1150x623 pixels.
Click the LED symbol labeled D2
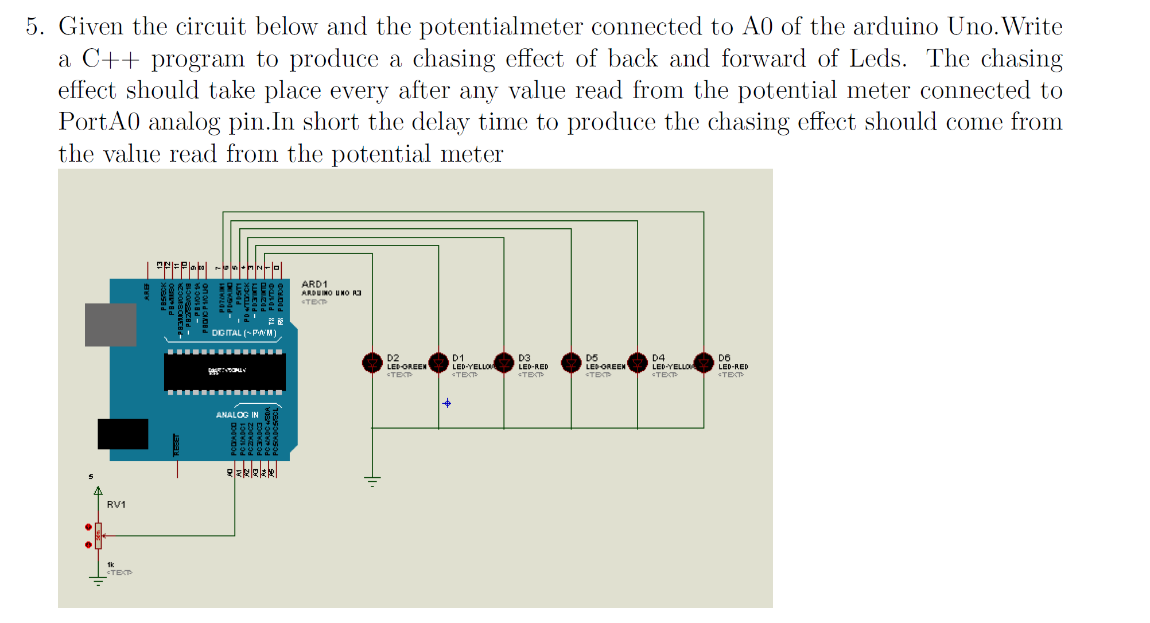(x=372, y=363)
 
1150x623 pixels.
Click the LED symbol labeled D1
(x=438, y=363)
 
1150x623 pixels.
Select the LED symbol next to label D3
(x=504, y=363)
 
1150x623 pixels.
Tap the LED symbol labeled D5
(x=571, y=363)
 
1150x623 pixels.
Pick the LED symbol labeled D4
(x=638, y=363)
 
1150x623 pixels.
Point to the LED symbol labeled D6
(x=704, y=363)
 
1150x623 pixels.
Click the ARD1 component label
(x=314, y=284)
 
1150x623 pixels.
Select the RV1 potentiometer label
(x=116, y=504)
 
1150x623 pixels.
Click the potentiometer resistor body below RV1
(x=98, y=536)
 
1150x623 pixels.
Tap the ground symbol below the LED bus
(x=372, y=481)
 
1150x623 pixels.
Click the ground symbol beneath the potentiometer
(x=98, y=581)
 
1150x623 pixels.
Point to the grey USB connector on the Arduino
(x=110, y=325)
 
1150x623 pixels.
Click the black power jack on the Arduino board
(x=123, y=434)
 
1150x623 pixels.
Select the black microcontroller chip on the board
(x=225, y=372)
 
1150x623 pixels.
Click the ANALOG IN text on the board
(x=237, y=414)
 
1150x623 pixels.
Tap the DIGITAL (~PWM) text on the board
(x=244, y=333)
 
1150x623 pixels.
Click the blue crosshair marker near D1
(x=447, y=403)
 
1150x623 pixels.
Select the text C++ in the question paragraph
(x=110, y=59)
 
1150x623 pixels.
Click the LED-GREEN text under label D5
(x=605, y=367)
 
